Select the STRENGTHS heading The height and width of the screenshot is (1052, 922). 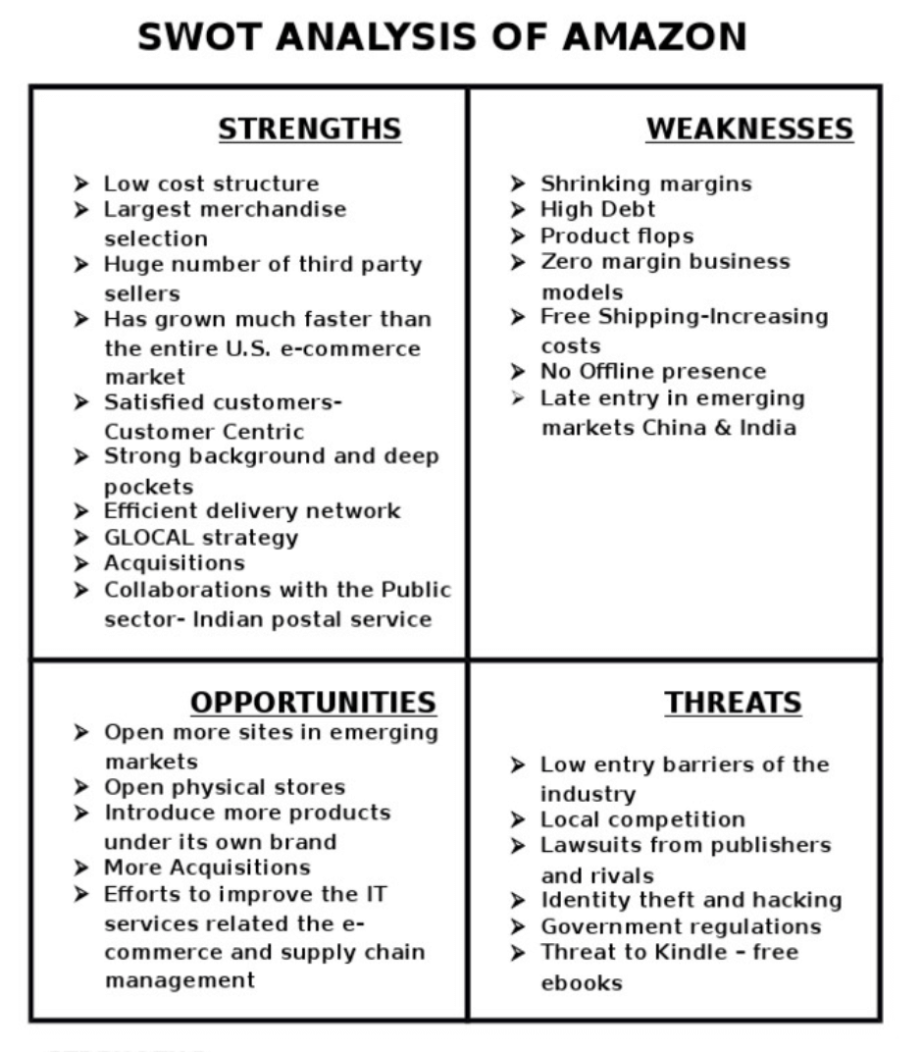coord(309,130)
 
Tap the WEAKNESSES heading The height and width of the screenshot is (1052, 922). coord(749,130)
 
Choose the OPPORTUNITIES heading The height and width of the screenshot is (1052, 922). coord(313,703)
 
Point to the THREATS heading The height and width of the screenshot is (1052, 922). coord(733,703)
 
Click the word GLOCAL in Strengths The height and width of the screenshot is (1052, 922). coord(151,538)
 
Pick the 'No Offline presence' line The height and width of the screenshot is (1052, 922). coord(653,371)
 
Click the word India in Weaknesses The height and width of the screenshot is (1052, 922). coord(770,427)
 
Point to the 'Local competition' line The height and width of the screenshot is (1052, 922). coord(642,818)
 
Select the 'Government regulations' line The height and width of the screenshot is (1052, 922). coord(681,926)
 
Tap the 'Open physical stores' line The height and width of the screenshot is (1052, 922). coord(225,787)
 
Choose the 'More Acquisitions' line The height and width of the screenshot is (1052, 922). coord(207,868)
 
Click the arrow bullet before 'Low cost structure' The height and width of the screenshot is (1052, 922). coord(80,184)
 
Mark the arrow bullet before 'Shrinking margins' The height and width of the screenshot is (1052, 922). coord(518,184)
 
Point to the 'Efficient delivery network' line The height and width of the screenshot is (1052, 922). coord(252,510)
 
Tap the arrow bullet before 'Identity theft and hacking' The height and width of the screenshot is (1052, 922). coord(518,900)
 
